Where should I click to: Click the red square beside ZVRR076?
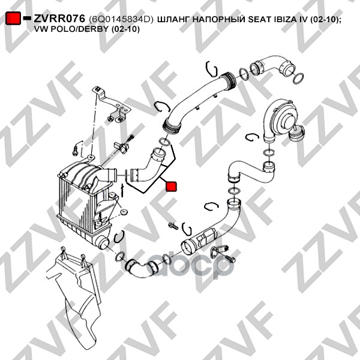pyautogui.click(x=13, y=19)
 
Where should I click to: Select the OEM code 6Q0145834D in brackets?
pyautogui.click(x=122, y=19)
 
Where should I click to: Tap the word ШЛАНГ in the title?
pyautogui.click(x=176, y=19)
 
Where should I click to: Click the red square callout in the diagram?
pyautogui.click(x=171, y=187)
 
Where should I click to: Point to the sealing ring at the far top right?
pyautogui.click(x=300, y=79)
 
